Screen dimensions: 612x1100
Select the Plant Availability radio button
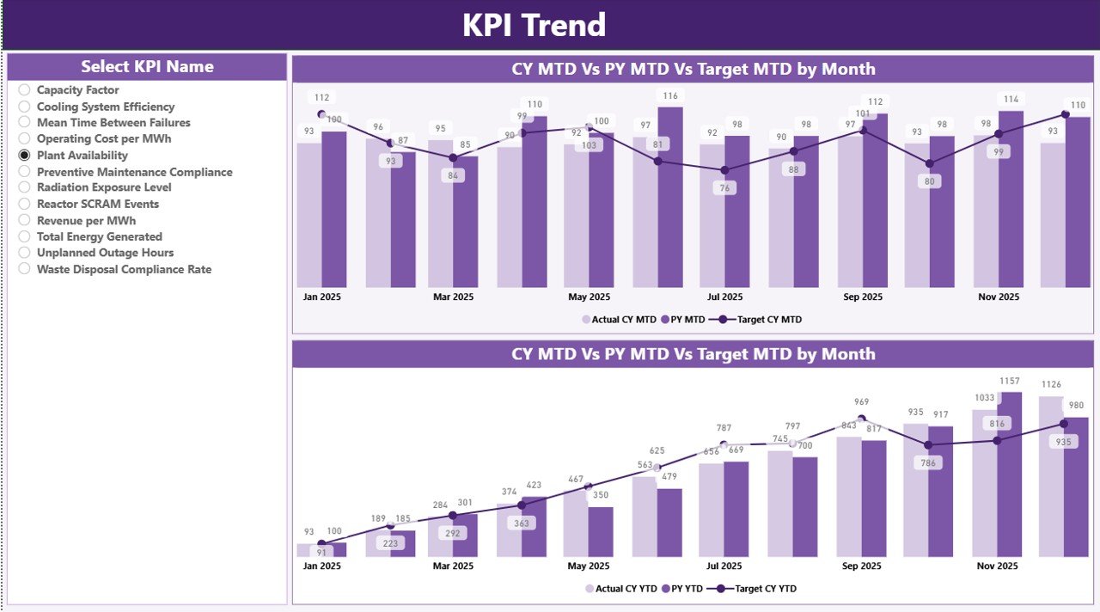[x=24, y=156]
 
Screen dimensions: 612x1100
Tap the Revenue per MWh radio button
[x=24, y=221]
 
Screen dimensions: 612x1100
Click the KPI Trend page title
[x=534, y=25]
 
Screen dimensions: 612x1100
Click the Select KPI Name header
[x=147, y=67]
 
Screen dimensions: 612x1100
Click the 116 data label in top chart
[x=670, y=96]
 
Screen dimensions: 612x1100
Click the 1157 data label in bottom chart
[x=1009, y=381]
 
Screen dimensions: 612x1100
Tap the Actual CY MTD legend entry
[x=619, y=320]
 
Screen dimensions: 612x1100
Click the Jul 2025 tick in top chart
[x=724, y=297]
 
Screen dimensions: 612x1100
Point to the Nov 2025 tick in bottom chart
[x=999, y=566]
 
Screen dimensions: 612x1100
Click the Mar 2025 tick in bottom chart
[x=453, y=566]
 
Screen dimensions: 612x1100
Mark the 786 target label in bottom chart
[x=928, y=462]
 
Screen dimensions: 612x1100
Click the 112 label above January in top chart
[x=322, y=98]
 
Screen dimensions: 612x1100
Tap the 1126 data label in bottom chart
[x=1051, y=385]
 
